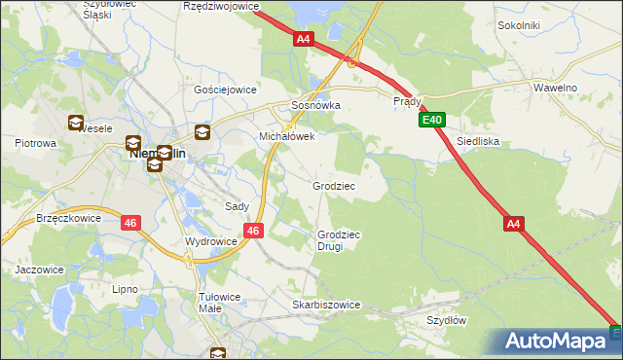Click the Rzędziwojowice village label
click(222, 6)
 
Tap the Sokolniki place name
click(518, 25)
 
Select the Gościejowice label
click(225, 89)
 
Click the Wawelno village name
click(556, 88)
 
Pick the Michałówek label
click(286, 137)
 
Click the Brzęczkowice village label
click(68, 219)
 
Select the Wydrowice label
click(211, 241)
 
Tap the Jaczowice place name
click(39, 270)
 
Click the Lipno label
click(125, 290)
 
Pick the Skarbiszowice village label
click(326, 305)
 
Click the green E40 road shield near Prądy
click(433, 121)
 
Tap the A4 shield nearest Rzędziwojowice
click(304, 39)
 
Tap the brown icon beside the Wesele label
click(74, 123)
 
